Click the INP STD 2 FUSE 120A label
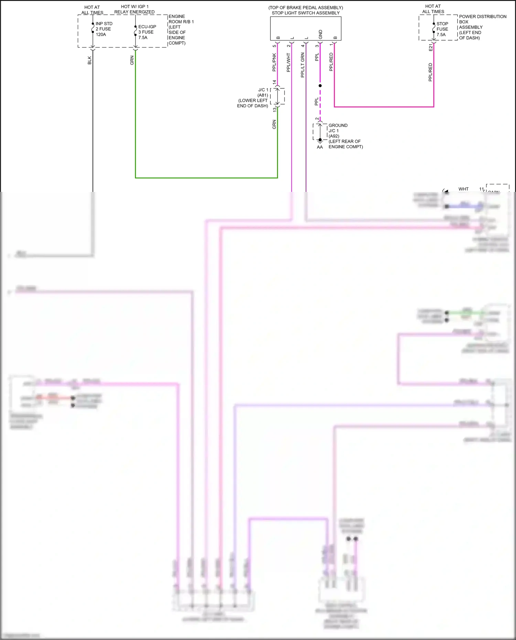104,29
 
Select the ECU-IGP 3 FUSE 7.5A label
147,32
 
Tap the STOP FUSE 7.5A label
442,29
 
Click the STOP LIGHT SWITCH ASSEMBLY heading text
305,13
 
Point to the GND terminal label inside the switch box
320,34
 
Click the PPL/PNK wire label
274,62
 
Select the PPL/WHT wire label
288,62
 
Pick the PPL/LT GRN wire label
302,65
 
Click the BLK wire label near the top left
89,60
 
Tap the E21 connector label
430,47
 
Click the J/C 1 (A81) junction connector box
278,96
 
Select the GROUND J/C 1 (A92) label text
338,131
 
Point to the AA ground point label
320,147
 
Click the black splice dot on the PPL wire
320,86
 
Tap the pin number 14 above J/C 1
274,82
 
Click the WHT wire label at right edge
463,189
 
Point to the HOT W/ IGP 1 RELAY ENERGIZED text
135,9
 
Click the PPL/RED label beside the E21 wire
430,72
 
